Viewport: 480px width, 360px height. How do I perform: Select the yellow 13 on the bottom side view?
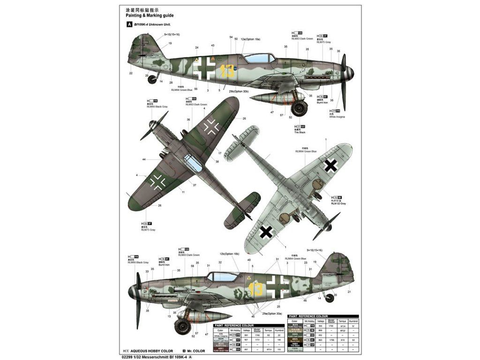(x=256, y=290)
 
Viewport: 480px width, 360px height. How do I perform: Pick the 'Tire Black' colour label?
(x=300, y=133)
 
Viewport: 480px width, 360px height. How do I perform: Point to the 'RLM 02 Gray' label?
(x=338, y=203)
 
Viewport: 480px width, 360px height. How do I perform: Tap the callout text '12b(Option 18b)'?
(x=230, y=254)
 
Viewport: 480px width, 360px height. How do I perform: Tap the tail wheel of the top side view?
(x=152, y=80)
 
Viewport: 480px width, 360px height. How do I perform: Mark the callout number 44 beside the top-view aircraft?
(x=144, y=159)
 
